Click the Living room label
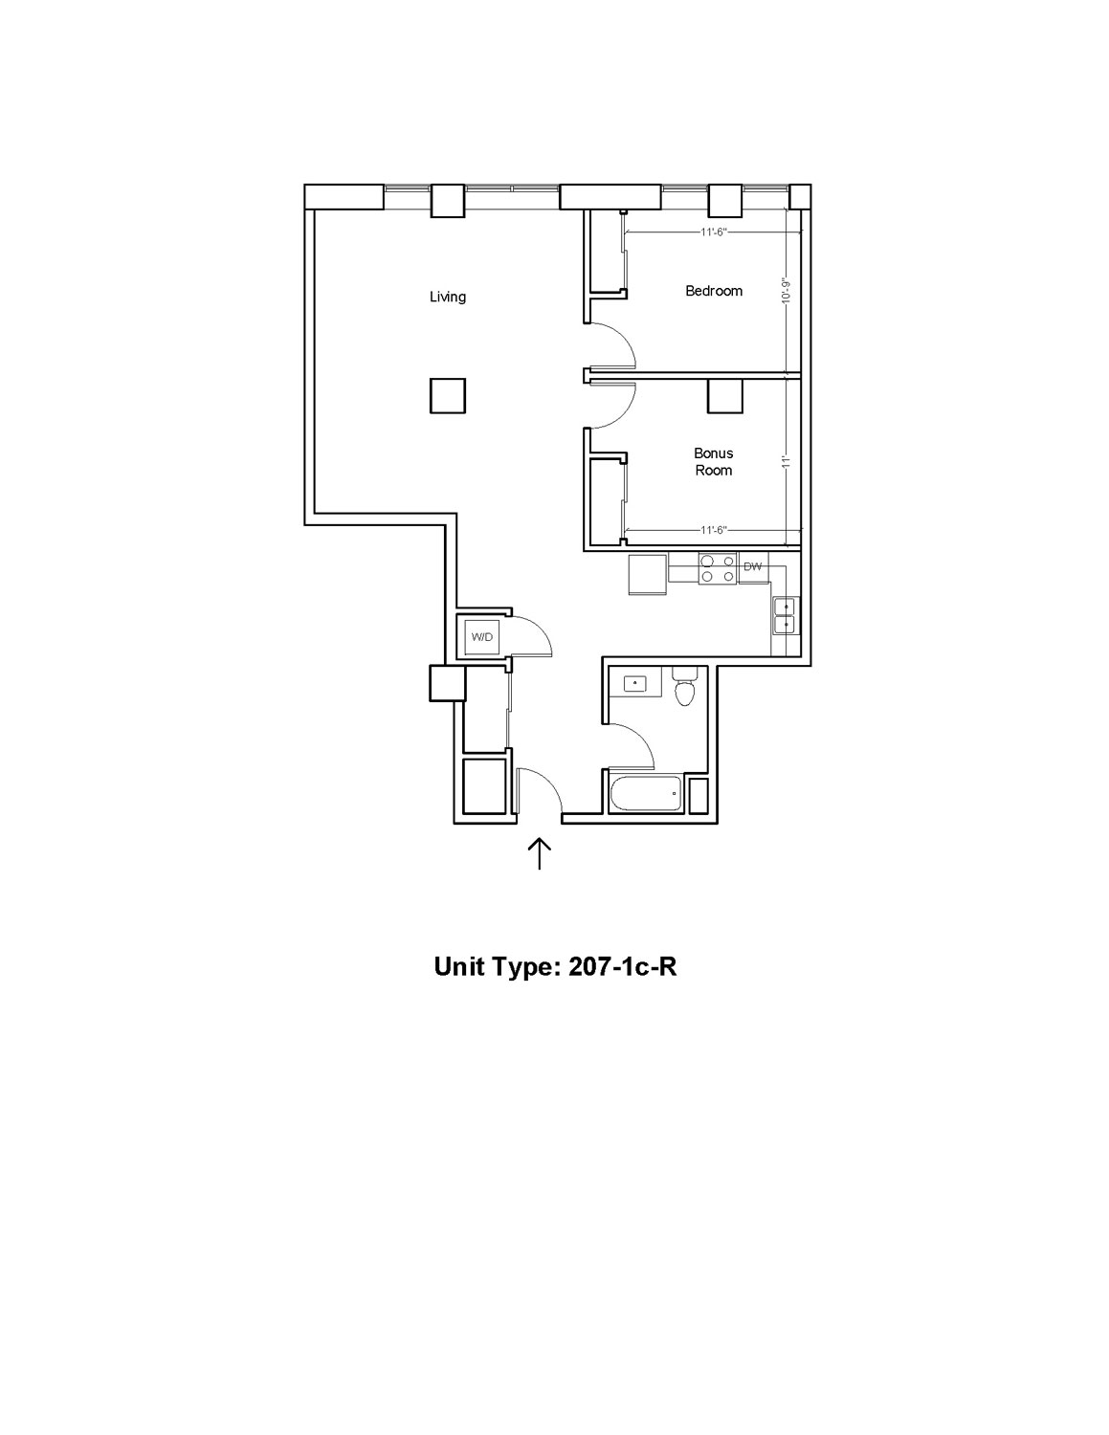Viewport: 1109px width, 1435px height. pyautogui.click(x=447, y=297)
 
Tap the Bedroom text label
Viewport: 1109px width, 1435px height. pyautogui.click(x=714, y=291)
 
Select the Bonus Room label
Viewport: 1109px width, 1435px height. pyautogui.click(x=714, y=462)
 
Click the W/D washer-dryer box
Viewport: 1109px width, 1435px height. pyautogui.click(x=482, y=637)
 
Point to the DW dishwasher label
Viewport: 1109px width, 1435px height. pyautogui.click(x=752, y=566)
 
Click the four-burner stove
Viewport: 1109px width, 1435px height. pyautogui.click(x=718, y=568)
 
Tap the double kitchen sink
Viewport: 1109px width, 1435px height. pyautogui.click(x=786, y=615)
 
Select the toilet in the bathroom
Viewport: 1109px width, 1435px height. pyautogui.click(x=683, y=686)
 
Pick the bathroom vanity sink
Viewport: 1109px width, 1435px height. pyautogui.click(x=635, y=681)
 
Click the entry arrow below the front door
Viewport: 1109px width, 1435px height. pyautogui.click(x=540, y=854)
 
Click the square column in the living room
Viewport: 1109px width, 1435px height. pyautogui.click(x=448, y=395)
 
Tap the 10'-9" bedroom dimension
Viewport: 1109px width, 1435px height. pyautogui.click(x=786, y=291)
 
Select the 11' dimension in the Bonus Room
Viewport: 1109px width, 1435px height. pyautogui.click(x=786, y=461)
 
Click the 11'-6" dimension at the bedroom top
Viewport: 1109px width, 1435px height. pyautogui.click(x=714, y=232)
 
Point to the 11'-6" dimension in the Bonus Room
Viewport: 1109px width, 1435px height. pyautogui.click(x=714, y=530)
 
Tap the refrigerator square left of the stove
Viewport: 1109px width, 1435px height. pyautogui.click(x=648, y=576)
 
